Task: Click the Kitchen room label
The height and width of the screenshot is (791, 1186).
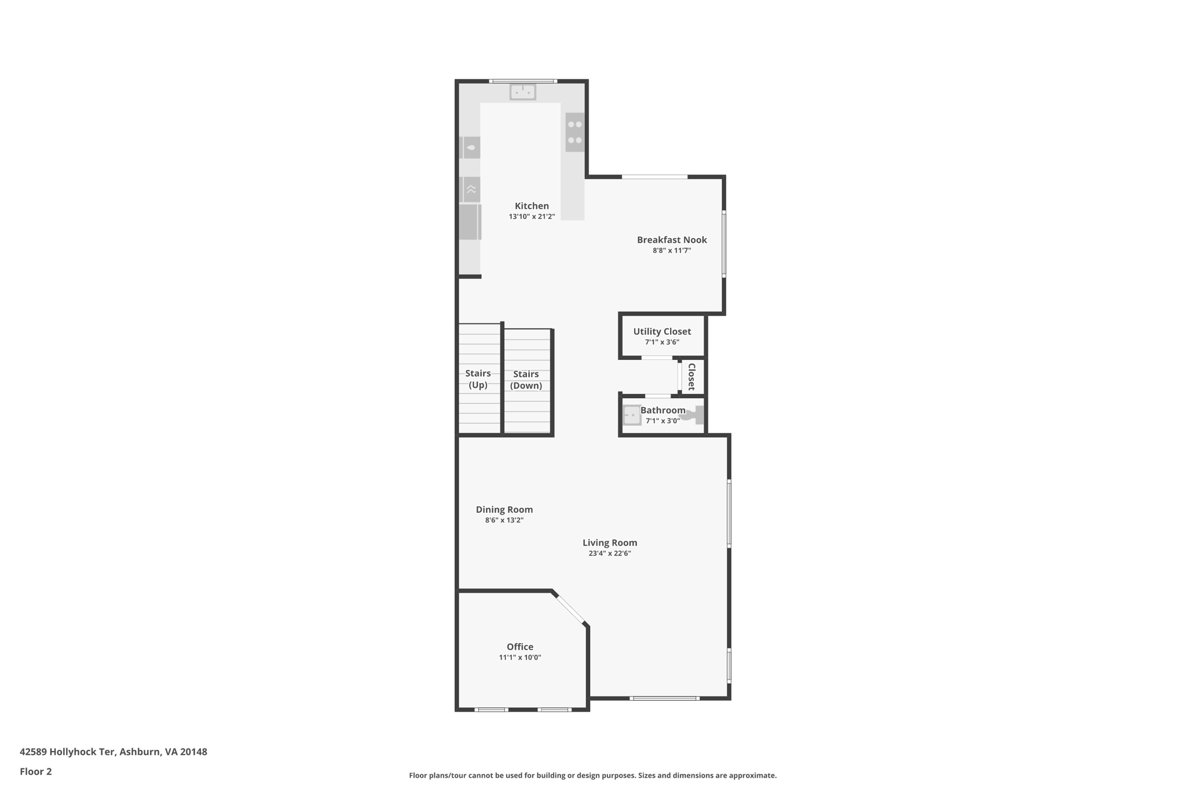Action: [532, 206]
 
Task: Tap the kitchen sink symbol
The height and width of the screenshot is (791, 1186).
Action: [522, 92]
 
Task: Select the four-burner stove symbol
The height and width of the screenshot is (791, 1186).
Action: [575, 132]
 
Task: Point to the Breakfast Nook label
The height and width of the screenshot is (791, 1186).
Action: [672, 240]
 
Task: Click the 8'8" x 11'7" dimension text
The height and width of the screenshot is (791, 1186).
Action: [672, 251]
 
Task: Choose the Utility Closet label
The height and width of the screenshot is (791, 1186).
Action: [662, 331]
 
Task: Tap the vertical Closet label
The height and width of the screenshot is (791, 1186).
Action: [691, 377]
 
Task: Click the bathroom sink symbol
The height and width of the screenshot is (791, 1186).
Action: [632, 415]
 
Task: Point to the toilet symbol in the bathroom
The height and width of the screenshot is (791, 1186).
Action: [694, 414]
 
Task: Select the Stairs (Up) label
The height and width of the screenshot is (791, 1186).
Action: [478, 379]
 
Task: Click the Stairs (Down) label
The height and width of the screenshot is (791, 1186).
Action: [526, 380]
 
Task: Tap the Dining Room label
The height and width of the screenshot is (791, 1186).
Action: [504, 509]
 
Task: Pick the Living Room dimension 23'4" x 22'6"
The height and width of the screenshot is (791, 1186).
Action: [610, 553]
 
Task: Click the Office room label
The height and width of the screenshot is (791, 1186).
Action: [520, 647]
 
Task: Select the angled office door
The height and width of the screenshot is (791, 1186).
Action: [570, 609]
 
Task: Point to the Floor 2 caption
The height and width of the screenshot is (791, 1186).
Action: [36, 771]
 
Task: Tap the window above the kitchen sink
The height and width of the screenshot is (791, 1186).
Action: [523, 81]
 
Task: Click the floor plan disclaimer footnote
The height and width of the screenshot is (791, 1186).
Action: [592, 775]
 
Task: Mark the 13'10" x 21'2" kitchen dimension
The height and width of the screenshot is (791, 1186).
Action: [532, 217]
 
